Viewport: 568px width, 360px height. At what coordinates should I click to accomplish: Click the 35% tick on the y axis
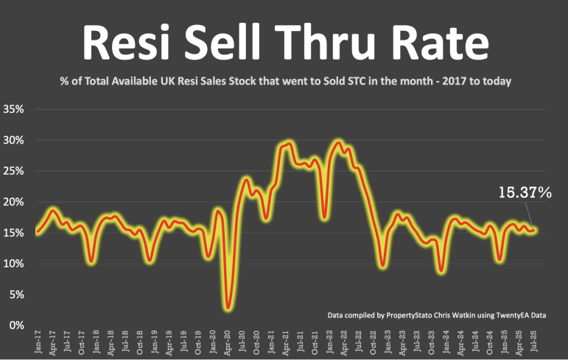coord(14,109)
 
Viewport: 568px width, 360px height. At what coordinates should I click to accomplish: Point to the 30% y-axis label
coord(14,140)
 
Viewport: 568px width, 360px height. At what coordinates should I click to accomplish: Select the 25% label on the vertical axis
coord(14,171)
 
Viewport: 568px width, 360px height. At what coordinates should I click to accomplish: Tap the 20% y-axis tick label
coord(14,202)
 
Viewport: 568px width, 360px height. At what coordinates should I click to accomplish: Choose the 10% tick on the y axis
coord(14,264)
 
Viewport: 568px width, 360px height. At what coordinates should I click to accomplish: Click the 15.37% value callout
coord(525,193)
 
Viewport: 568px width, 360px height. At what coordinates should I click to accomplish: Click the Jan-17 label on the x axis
coord(38,342)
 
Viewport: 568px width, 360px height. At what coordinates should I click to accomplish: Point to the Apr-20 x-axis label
coord(228,342)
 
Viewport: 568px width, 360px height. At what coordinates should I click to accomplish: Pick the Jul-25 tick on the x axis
coord(533,342)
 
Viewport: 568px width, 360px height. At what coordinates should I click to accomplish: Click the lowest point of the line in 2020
coord(229,307)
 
